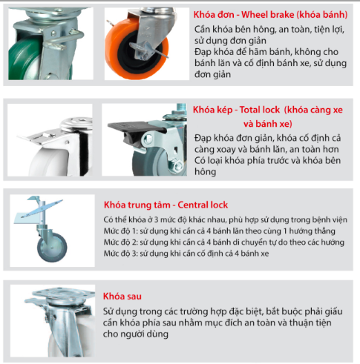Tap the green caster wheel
(x=24, y=59)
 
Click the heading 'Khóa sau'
(x=122, y=296)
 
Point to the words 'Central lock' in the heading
(x=203, y=205)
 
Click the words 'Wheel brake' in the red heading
(x=268, y=15)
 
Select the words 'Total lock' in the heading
(x=260, y=110)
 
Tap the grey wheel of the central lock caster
(x=52, y=248)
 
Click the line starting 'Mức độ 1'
(x=219, y=231)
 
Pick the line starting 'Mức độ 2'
(x=223, y=242)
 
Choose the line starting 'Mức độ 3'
(x=186, y=254)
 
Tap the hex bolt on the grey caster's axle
(x=177, y=165)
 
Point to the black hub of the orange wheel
(x=135, y=53)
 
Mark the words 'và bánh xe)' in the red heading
(x=268, y=124)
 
